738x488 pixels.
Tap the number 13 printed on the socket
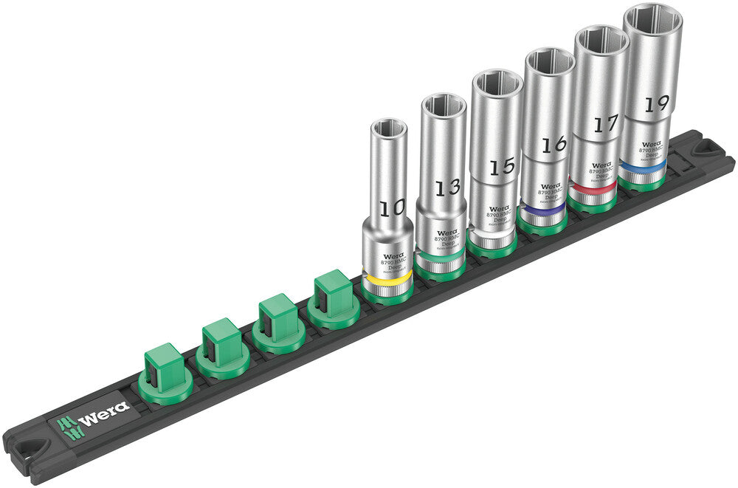(446, 188)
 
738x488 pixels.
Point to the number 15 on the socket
(501, 167)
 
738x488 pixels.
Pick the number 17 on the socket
(605, 124)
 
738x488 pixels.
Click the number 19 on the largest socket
(652, 104)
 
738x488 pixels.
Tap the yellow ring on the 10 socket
(387, 281)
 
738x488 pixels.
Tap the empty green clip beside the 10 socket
(332, 295)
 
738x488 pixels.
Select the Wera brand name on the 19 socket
(649, 144)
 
